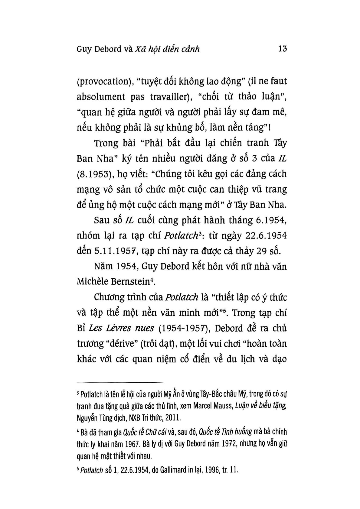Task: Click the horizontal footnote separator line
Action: [120, 382]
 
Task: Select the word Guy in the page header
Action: [84, 49]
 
